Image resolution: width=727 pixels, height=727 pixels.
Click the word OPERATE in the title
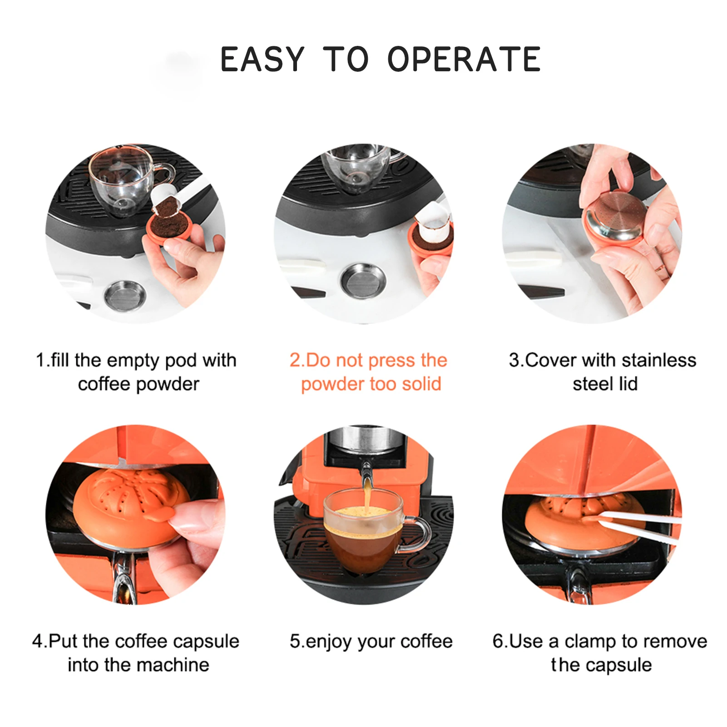[464, 59]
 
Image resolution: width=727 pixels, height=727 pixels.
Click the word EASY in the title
[262, 59]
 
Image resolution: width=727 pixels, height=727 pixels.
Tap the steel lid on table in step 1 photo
[125, 294]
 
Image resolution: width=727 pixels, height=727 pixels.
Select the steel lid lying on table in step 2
[363, 282]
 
